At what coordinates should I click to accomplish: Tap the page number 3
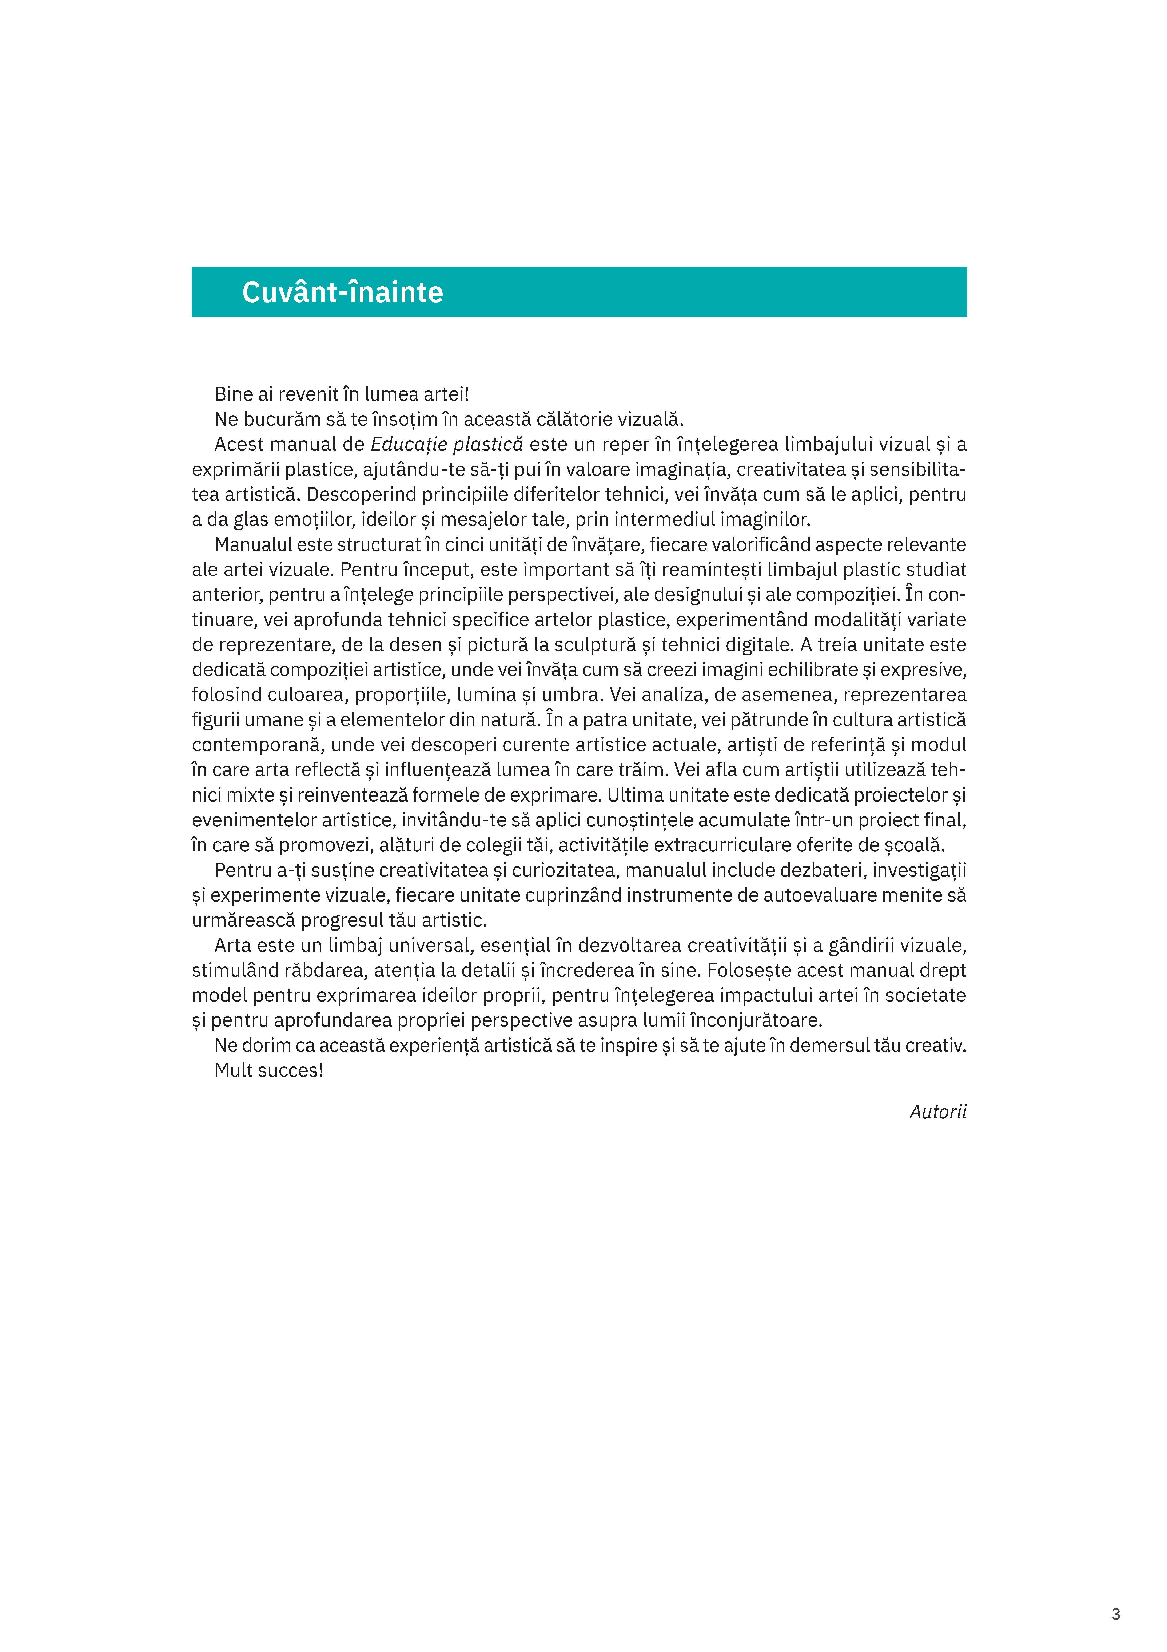pos(1115,1614)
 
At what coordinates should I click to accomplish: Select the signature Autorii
pos(938,1112)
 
